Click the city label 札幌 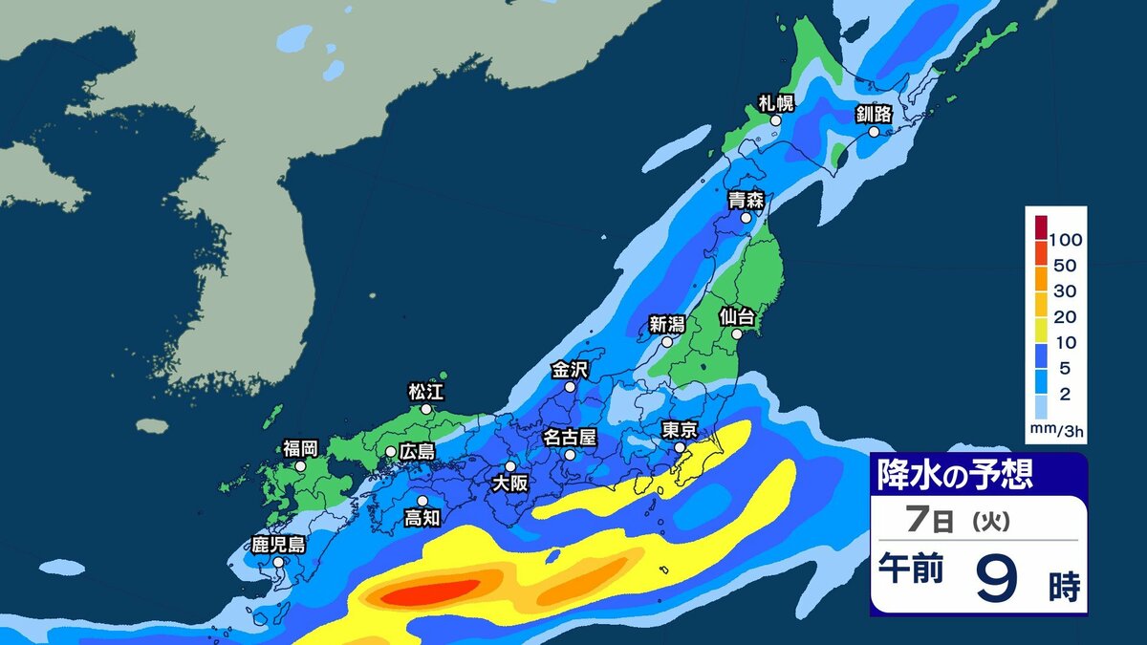tap(775, 103)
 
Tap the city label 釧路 tap(874, 115)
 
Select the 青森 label tap(745, 200)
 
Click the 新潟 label tap(667, 323)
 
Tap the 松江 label tap(426, 391)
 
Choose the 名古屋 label tap(570, 437)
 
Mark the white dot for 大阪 tap(510, 466)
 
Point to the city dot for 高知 tap(422, 500)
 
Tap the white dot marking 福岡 tap(300, 466)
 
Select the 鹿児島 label tap(278, 545)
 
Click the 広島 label tap(417, 451)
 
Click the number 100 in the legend tap(1065, 239)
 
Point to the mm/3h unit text tap(1057, 431)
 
